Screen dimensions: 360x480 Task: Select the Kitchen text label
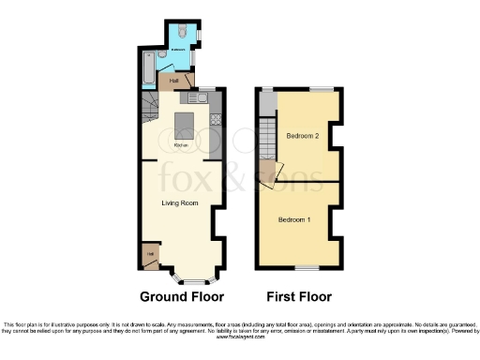[x=182, y=145]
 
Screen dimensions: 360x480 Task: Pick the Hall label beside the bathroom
[x=174, y=81]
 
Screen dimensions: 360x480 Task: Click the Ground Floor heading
[x=182, y=297]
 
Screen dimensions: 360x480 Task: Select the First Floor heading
[x=299, y=297]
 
